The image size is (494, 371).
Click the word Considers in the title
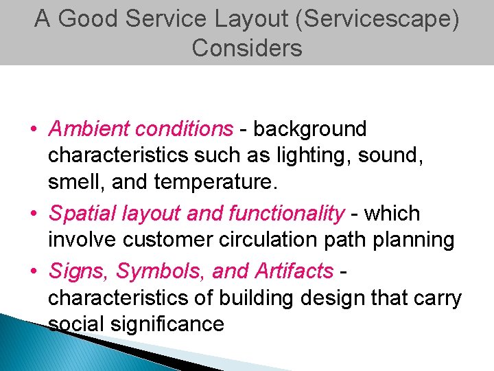[247, 48]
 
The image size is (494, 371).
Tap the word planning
[412, 240]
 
